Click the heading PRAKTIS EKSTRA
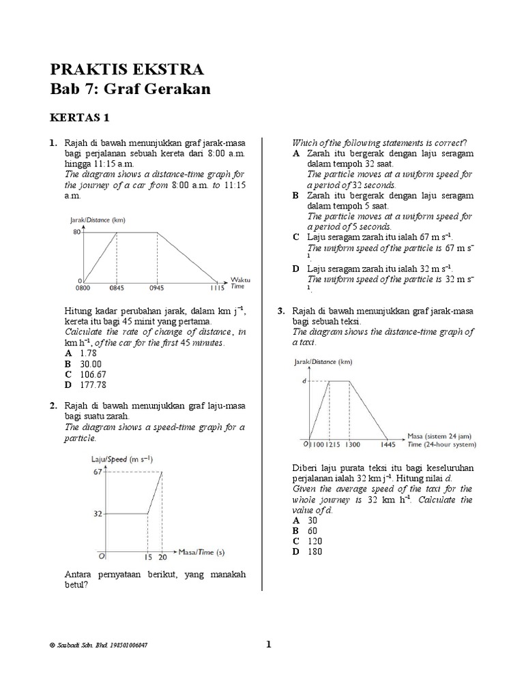pyautogui.click(x=126, y=70)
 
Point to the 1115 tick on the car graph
pyautogui.click(x=217, y=288)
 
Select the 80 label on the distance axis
pyautogui.click(x=76, y=232)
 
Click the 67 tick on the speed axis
pyautogui.click(x=98, y=471)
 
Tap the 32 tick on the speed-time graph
pyautogui.click(x=98, y=513)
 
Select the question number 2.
pyautogui.click(x=53, y=406)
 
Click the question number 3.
pyautogui.click(x=280, y=311)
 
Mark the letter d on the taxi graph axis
pyautogui.click(x=304, y=381)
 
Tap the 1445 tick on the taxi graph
pyautogui.click(x=387, y=444)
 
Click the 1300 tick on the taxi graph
pyautogui.click(x=353, y=444)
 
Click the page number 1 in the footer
pyautogui.click(x=268, y=644)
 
